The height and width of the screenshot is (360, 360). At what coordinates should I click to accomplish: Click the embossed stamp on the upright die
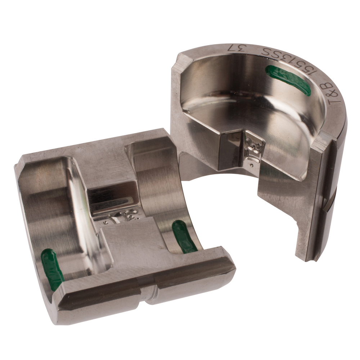[254, 148]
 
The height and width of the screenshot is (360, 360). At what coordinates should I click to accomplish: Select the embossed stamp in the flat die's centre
[124, 216]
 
